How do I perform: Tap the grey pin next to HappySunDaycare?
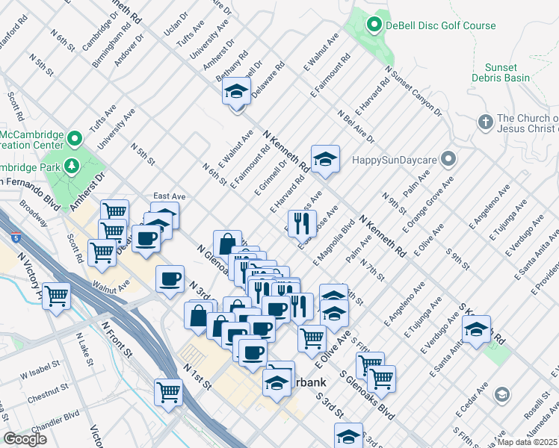(x=448, y=159)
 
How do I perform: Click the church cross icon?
(x=484, y=122)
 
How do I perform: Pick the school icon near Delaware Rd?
(x=237, y=93)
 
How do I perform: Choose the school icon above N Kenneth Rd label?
(x=325, y=160)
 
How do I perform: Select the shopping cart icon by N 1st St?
(x=169, y=391)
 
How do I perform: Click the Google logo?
(x=25, y=439)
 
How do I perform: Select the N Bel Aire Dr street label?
(x=356, y=127)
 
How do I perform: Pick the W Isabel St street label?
(x=39, y=371)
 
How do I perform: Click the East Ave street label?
(x=169, y=196)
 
